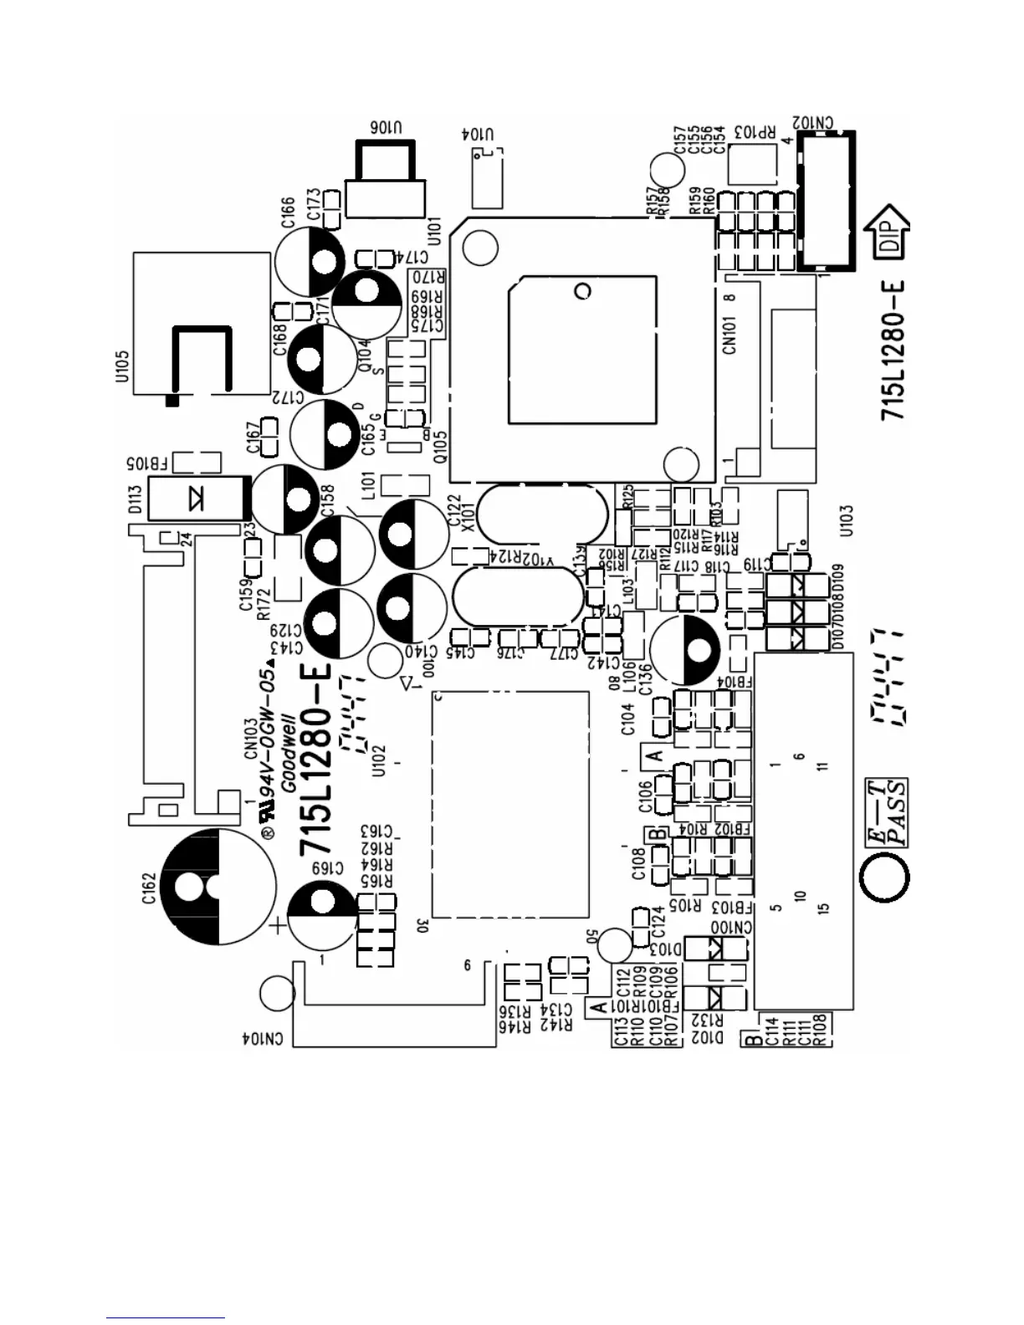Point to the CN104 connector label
pos(263,1038)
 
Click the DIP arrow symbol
pos(891,230)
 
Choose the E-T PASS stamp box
pos(885,813)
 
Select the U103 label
pos(847,521)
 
